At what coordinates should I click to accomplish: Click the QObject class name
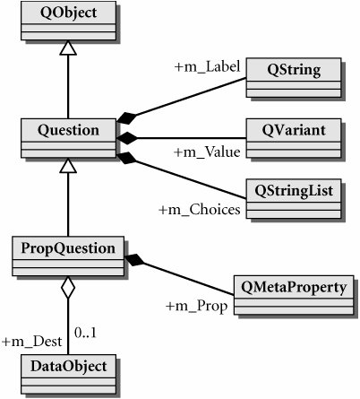point(68,13)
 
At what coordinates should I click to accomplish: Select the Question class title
point(68,131)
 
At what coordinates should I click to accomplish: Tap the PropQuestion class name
point(68,248)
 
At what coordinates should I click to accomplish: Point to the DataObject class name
point(68,367)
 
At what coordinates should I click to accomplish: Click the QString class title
point(294,70)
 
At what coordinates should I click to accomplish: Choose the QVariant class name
point(294,130)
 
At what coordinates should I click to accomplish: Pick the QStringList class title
point(294,191)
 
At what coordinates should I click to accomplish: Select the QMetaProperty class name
point(294,288)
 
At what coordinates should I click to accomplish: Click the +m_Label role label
point(207,66)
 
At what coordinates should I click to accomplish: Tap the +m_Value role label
point(207,152)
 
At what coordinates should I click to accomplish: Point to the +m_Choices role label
point(200,210)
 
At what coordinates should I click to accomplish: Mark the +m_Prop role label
point(196,307)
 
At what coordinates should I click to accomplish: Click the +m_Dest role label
point(32,342)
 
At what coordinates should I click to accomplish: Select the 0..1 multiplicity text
point(85,333)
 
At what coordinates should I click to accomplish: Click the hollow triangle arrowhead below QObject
point(68,48)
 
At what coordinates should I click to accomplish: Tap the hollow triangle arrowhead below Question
point(68,166)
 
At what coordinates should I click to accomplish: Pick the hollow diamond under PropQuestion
point(68,287)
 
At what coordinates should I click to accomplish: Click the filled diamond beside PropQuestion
point(134,260)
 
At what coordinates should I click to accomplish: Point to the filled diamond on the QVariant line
point(127,138)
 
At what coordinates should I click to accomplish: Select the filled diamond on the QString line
point(126,118)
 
